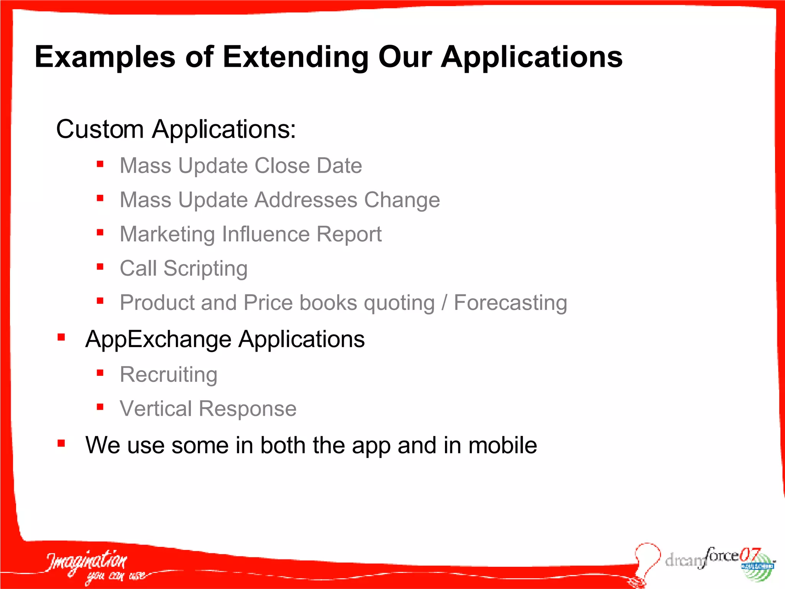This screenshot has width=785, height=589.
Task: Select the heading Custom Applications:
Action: (176, 129)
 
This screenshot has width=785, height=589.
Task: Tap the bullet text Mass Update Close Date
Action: (241, 166)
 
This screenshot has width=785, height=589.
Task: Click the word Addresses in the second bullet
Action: (306, 200)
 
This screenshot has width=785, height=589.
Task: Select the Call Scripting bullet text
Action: (184, 268)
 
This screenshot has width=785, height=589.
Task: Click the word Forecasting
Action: (510, 303)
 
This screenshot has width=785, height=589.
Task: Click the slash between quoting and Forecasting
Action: (444, 303)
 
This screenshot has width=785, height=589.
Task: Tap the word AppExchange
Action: (158, 339)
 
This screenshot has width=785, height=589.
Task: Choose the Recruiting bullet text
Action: (169, 374)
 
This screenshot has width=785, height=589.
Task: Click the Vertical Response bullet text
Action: (208, 408)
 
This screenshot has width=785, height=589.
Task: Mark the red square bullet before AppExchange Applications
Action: (61, 337)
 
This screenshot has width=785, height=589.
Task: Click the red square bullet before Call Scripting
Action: (100, 267)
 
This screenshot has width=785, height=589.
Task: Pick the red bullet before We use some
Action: (61, 444)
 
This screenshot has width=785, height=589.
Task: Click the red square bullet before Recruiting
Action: (100, 373)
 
